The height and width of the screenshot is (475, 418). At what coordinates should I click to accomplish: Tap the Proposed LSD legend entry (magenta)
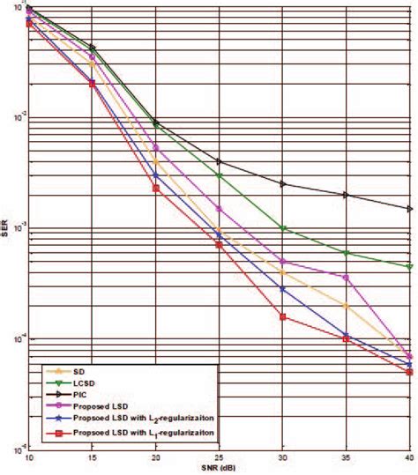click(x=107, y=408)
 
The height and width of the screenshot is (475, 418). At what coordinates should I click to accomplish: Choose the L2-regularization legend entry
click(x=142, y=420)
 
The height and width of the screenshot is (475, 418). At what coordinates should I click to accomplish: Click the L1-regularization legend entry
click(x=142, y=433)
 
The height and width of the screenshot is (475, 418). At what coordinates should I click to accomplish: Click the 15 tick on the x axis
click(x=92, y=457)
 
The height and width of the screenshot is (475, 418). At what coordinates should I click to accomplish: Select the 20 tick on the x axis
click(x=155, y=457)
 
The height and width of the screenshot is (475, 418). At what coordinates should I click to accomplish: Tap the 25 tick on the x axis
click(x=219, y=457)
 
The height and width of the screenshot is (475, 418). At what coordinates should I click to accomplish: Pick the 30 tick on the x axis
click(x=282, y=457)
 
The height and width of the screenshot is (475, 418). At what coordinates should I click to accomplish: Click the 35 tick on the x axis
click(x=346, y=457)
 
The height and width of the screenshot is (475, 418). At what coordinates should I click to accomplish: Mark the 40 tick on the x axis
click(x=408, y=457)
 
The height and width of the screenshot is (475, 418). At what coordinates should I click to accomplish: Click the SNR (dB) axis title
click(x=219, y=468)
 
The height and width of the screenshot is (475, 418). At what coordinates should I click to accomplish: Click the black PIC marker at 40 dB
click(x=409, y=209)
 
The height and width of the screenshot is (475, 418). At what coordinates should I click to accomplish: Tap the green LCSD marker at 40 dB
click(x=409, y=266)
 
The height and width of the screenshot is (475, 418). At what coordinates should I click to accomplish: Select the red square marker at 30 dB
click(x=282, y=316)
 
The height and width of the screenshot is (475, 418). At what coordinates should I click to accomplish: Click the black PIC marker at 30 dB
click(x=282, y=183)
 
